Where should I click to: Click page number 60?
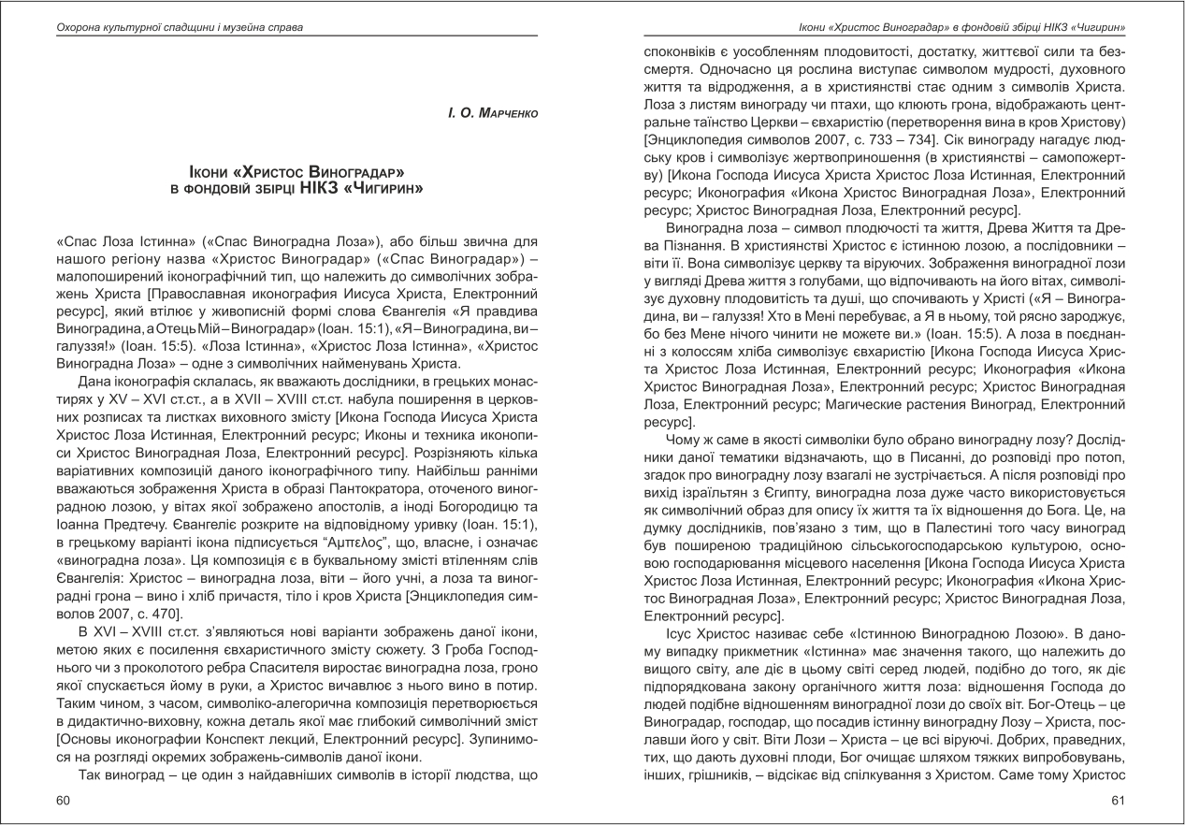(x=63, y=800)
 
